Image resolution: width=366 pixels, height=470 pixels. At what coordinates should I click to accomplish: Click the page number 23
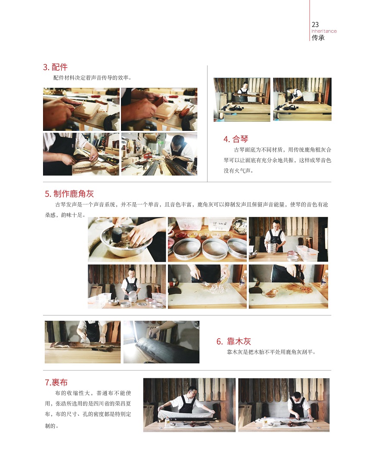pos(315,25)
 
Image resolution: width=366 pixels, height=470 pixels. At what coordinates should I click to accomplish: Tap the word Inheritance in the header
pos(324,31)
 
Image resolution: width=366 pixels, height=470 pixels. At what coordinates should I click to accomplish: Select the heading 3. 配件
pos(56,67)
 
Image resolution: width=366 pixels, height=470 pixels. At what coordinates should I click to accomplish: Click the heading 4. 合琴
pos(236,139)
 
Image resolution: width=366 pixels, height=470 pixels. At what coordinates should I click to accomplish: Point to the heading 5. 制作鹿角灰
pos(69,194)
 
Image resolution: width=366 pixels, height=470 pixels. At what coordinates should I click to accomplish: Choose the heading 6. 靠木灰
pos(233,341)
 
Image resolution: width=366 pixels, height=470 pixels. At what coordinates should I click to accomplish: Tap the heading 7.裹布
pos(56,382)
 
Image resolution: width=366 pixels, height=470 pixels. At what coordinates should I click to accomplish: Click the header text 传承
pos(318,38)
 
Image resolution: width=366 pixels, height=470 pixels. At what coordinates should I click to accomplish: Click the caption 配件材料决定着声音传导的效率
pos(91,78)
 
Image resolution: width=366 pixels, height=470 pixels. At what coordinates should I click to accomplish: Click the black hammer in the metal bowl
pos(117,233)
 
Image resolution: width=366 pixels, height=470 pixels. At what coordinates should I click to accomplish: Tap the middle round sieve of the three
pos(215,248)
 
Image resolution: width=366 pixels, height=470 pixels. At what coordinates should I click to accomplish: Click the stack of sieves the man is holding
pos(272,248)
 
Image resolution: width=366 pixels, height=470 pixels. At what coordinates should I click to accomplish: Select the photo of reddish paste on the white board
pos(288,287)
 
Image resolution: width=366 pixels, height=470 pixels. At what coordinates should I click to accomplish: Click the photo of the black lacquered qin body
pos(161,342)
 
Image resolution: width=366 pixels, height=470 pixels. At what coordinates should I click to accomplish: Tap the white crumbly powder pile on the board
pos(216,289)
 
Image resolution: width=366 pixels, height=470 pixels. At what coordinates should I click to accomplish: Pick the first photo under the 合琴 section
pos(242,100)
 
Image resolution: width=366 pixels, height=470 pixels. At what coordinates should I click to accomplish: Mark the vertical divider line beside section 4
pos(208,124)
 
